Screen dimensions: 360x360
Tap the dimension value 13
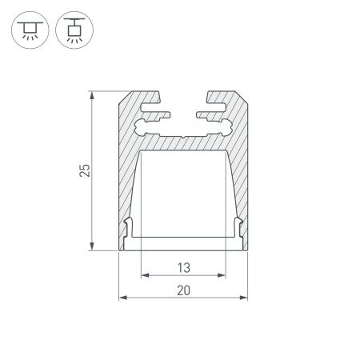click(183, 268)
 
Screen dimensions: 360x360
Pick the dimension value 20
click(183, 291)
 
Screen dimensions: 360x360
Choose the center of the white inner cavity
click(183, 192)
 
